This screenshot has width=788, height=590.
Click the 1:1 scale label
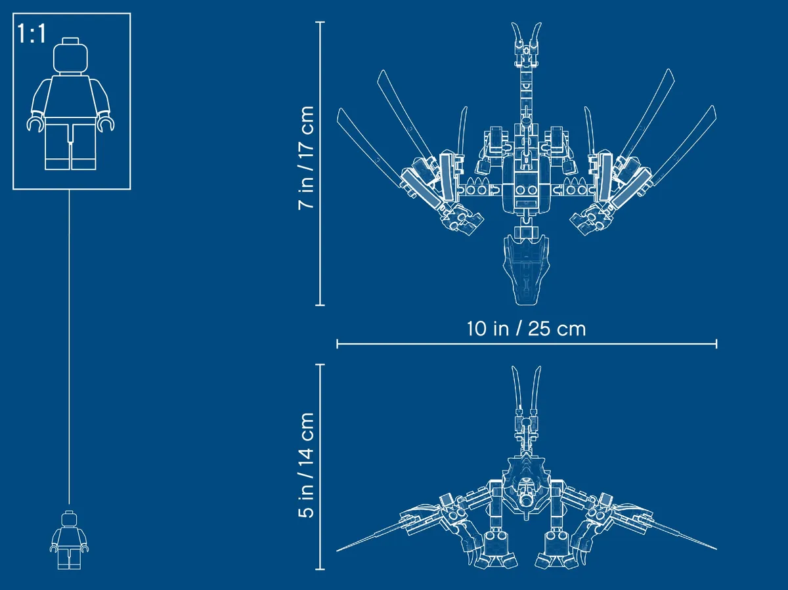(x=32, y=34)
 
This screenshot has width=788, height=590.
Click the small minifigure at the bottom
(x=70, y=539)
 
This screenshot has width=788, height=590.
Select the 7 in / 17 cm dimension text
(x=306, y=158)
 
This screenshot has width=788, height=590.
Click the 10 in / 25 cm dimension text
(x=526, y=329)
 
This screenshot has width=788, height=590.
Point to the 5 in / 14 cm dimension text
(x=306, y=465)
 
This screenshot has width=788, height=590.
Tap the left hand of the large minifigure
(x=35, y=125)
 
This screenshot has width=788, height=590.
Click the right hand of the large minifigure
(x=106, y=124)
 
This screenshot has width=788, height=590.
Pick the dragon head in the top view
(x=526, y=269)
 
